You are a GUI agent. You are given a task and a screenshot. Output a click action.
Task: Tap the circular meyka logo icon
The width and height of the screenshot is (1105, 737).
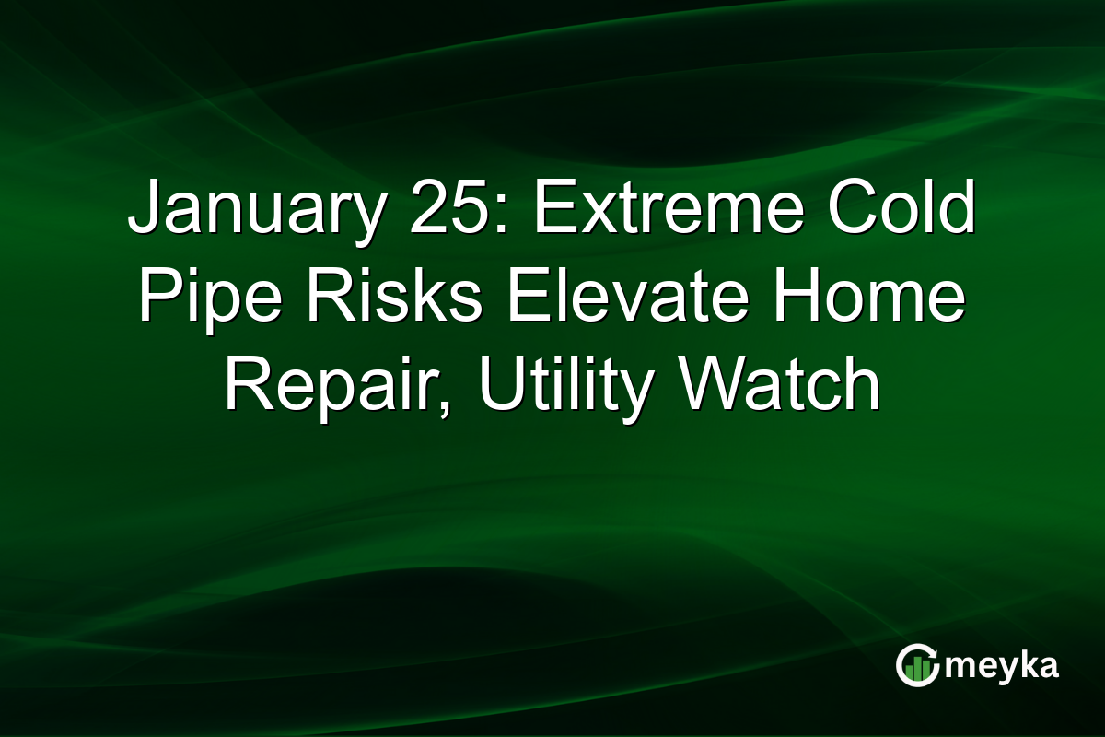coord(917,665)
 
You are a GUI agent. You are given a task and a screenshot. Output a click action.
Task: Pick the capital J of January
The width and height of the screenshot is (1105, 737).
coord(143,211)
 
